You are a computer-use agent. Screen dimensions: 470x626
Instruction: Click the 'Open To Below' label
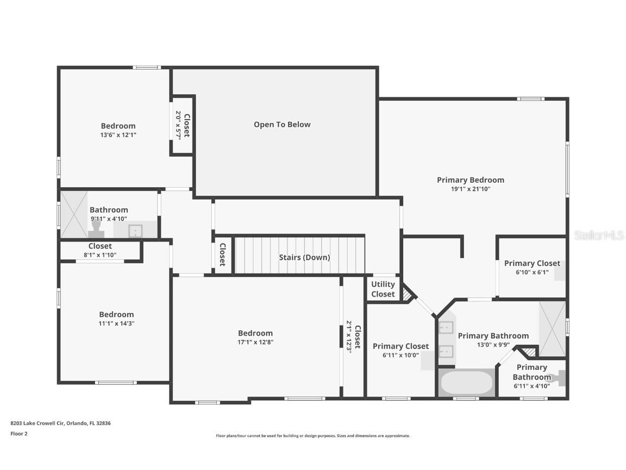tap(282, 125)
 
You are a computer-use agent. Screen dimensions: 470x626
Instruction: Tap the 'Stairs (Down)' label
tap(304, 257)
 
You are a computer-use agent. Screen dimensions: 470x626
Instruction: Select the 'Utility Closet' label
tap(383, 289)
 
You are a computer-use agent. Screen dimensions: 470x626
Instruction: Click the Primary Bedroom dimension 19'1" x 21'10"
tap(471, 189)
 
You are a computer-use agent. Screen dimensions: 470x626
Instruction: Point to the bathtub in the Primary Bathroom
tap(466, 383)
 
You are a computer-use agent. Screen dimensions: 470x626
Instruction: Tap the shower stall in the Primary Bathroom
tap(552, 328)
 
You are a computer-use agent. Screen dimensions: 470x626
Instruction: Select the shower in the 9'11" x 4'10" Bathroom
tap(73, 214)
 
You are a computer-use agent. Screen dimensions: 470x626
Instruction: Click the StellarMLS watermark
tap(599, 235)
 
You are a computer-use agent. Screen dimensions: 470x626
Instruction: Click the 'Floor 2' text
tap(18, 434)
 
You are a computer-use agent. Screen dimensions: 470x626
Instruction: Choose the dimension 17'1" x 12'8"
tap(255, 342)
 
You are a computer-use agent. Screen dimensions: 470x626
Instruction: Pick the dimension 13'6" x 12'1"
tap(118, 135)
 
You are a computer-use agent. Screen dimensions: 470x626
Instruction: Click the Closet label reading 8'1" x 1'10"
tap(100, 255)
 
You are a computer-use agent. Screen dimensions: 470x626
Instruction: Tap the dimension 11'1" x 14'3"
tap(116, 323)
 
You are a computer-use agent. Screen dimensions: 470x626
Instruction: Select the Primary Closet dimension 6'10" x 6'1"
tap(531, 272)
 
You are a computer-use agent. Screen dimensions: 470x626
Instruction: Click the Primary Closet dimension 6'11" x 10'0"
tap(400, 355)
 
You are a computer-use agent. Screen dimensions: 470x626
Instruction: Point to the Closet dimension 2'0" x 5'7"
tap(178, 125)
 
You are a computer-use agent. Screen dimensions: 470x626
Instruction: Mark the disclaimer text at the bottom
tap(313, 436)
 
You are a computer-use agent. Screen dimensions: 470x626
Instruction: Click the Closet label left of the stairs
tap(222, 254)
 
